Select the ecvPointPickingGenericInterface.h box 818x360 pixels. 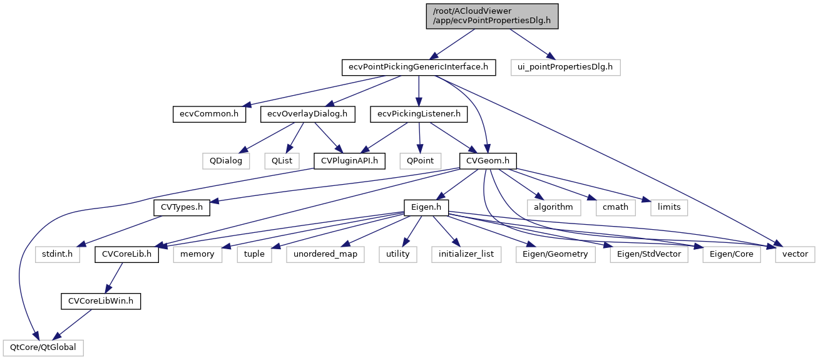(x=419, y=67)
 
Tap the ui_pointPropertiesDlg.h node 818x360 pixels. (x=565, y=67)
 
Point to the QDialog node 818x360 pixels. (x=226, y=160)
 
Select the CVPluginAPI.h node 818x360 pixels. (x=349, y=160)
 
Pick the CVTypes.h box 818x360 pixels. (x=181, y=207)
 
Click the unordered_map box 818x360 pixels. (x=325, y=254)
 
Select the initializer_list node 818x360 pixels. (x=466, y=254)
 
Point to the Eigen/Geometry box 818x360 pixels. (x=556, y=254)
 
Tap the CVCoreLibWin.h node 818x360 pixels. (x=101, y=301)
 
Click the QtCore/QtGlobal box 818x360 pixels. (x=43, y=347)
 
